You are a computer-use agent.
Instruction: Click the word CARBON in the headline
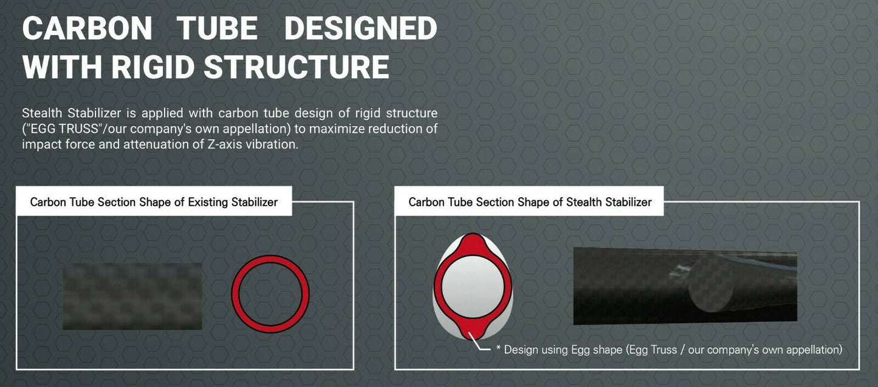(87, 28)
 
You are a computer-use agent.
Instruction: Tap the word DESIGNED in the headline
(360, 28)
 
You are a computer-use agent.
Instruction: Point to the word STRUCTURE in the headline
(297, 67)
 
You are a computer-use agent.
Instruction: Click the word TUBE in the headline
(217, 28)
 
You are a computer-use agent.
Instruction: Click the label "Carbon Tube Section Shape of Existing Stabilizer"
(154, 202)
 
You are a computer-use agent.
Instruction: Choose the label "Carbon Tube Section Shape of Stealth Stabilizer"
(530, 202)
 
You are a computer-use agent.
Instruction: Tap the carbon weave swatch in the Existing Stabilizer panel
(132, 296)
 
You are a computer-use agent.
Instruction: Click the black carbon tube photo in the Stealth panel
(685, 286)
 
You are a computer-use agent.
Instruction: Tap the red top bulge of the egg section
(473, 243)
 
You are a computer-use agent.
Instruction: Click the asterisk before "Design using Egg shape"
(499, 348)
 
